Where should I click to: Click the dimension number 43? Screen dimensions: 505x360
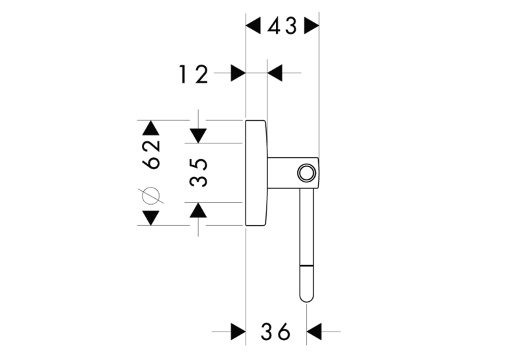[x=282, y=26]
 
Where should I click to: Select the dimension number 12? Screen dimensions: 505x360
[x=193, y=75]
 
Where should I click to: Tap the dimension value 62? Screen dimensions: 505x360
[x=151, y=155]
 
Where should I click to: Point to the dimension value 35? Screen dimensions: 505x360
[x=198, y=172]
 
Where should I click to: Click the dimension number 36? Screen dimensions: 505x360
[x=276, y=332]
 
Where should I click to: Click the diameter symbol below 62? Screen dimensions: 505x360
[x=151, y=196]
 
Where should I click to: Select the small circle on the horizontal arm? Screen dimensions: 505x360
[x=306, y=173]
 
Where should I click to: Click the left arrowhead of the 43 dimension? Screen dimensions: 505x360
[x=253, y=26]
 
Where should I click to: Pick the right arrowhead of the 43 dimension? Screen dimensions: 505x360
[x=312, y=26]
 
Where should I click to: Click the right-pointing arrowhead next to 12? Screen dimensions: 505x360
[x=238, y=73]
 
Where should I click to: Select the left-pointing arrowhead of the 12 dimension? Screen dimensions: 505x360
[x=275, y=73]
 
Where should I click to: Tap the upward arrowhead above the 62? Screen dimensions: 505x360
[x=151, y=127]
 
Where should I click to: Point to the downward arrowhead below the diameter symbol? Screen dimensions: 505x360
[x=151, y=218]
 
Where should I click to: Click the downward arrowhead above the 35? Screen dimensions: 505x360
[x=198, y=135]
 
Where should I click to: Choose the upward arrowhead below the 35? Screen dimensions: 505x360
[x=198, y=210]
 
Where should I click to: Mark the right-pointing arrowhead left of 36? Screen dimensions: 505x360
[x=238, y=332]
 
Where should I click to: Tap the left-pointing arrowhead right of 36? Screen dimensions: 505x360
[x=314, y=332]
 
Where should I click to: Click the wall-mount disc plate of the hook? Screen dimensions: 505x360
[x=256, y=173]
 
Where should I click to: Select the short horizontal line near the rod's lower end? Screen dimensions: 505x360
[x=306, y=266]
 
